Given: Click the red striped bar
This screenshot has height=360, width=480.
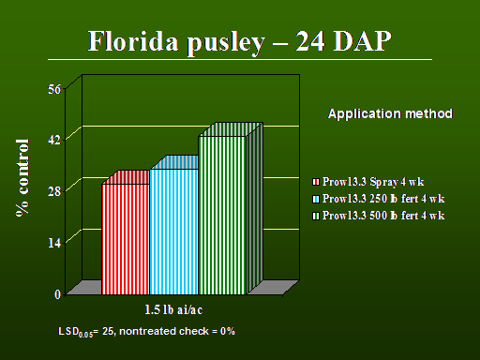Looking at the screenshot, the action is [x=126, y=239].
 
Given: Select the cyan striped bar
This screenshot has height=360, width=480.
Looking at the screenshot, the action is [x=174, y=232].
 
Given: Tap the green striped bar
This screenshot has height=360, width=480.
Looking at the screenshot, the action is [x=222, y=216].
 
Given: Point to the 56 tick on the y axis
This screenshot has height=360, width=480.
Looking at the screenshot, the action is [x=54, y=89].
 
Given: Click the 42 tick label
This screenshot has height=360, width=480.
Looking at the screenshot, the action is [x=54, y=141].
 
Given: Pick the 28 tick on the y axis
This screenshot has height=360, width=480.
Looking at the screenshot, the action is [x=54, y=191].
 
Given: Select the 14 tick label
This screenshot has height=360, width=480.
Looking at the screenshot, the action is [x=54, y=243].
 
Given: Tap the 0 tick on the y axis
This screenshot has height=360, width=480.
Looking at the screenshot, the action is [x=57, y=294].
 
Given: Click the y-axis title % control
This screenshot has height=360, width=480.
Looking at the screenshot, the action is [x=22, y=178].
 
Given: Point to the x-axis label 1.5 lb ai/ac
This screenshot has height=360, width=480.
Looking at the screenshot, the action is [x=173, y=309].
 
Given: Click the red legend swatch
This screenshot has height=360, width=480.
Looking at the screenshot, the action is [x=316, y=182].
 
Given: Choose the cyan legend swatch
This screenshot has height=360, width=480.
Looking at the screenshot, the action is [x=316, y=199].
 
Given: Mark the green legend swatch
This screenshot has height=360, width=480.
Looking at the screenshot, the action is [x=316, y=216].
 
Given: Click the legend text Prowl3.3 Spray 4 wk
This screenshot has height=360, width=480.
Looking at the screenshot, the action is [x=373, y=182].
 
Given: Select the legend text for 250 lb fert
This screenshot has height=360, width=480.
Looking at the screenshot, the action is [x=383, y=199].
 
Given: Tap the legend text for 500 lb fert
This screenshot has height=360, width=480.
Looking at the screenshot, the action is [x=383, y=216].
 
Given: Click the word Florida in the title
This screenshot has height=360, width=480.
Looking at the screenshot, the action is [x=133, y=41].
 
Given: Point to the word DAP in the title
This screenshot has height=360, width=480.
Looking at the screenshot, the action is [x=362, y=41].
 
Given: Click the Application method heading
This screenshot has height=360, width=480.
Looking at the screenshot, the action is [x=390, y=113].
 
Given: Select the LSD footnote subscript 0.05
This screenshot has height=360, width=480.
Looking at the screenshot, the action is [x=85, y=335].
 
